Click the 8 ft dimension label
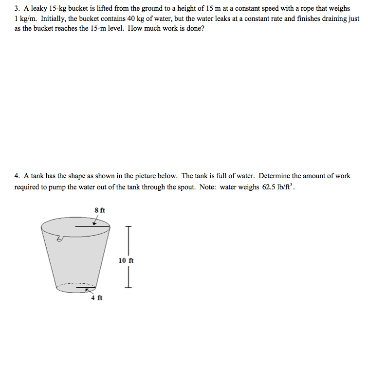(x=99, y=210)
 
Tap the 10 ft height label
(x=126, y=260)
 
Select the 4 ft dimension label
(x=96, y=298)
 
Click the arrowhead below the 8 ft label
(x=94, y=222)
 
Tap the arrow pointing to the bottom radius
(x=88, y=290)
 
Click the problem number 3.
(x=17, y=9)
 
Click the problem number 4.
(x=17, y=176)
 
